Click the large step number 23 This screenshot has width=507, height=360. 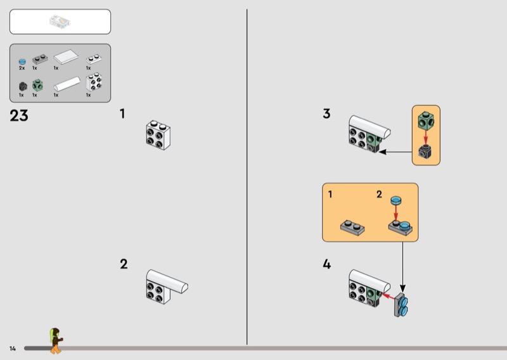point(19,115)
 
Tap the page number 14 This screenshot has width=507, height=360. point(13,349)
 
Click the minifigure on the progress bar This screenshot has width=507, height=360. point(56,340)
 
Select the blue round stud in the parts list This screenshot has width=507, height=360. point(22,61)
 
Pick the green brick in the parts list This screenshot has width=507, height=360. point(37,86)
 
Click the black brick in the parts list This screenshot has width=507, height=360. point(23,86)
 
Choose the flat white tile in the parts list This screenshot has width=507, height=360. point(66,57)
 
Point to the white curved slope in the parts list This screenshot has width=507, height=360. point(67,84)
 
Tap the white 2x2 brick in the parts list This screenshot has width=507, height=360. point(94,82)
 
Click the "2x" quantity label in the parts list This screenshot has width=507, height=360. point(22,68)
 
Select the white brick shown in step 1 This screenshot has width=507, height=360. point(158,135)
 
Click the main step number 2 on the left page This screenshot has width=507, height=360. point(124,264)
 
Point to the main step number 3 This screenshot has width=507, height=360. point(326,113)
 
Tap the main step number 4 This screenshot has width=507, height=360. point(327,264)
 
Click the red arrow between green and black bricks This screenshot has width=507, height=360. point(425,136)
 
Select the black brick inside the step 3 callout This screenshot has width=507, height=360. point(425,151)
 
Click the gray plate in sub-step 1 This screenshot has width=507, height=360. point(352,228)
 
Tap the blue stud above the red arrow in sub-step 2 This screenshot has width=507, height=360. point(395,200)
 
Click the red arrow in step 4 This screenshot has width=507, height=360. point(388,295)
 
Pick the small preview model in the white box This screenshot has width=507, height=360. point(60,22)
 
